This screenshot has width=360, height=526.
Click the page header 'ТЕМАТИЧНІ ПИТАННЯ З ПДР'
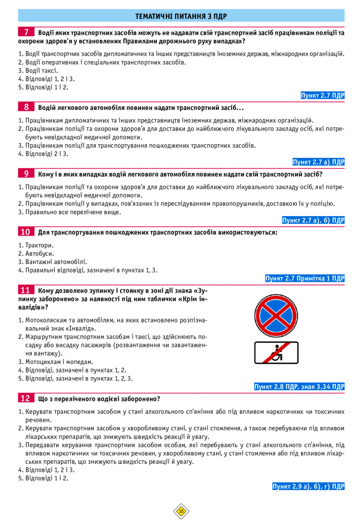coord(181,16)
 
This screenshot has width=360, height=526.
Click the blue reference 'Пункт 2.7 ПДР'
coord(322,96)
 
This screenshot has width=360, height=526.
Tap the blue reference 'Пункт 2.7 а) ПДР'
coord(318,162)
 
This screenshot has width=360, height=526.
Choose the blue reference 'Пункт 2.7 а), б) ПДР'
coord(313,220)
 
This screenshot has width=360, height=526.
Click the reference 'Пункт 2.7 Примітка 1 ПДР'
coord(305,278)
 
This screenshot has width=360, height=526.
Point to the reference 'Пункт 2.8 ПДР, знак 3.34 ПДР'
coord(299,387)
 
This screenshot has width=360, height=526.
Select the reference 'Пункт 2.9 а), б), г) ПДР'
coord(308,487)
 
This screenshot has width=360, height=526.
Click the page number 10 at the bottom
coord(181,511)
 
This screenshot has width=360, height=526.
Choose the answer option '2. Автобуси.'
coord(36,254)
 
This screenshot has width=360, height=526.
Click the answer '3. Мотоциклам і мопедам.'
coord(55,362)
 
